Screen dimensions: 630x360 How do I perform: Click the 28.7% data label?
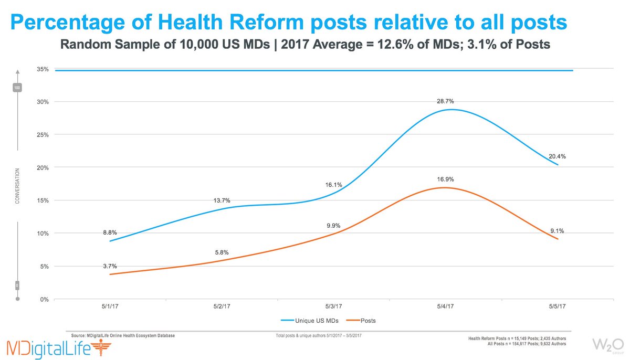point(445,101)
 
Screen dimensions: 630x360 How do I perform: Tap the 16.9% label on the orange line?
point(445,179)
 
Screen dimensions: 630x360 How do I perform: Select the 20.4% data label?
point(557,156)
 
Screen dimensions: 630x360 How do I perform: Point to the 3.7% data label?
point(110,266)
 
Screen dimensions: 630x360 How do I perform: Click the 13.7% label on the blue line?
point(222,200)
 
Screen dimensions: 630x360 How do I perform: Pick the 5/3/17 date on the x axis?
point(333,306)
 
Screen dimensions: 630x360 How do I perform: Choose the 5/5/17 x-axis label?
point(557,306)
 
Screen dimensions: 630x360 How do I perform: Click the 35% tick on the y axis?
point(43,69)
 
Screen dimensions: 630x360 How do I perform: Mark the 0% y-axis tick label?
point(45,300)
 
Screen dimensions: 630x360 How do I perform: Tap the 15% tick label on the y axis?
point(43,200)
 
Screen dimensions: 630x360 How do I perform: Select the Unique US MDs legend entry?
point(310,321)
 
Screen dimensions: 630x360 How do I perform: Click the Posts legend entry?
point(361,321)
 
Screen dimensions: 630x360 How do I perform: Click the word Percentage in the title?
point(68,23)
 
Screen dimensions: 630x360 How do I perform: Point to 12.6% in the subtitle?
point(395,45)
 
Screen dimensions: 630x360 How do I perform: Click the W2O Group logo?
point(608,345)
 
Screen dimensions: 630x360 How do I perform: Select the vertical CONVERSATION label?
point(17,186)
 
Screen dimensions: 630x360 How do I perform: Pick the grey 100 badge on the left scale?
point(17,88)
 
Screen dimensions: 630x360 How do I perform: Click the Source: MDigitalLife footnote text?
point(123,335)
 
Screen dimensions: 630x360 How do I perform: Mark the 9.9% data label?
point(333,226)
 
